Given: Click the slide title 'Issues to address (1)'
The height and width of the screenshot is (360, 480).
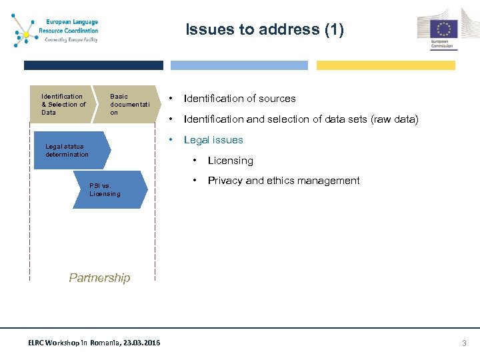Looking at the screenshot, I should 265,29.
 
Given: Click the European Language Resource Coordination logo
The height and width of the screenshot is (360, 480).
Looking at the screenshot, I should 56,29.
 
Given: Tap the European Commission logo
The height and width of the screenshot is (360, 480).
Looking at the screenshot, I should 439,29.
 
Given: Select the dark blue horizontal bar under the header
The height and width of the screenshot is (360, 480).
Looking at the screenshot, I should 93,65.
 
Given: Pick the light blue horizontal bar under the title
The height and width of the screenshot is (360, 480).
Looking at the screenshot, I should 239,65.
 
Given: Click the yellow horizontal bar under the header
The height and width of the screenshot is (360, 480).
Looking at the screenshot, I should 385,65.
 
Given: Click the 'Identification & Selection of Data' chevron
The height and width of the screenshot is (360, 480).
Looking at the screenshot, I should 63,105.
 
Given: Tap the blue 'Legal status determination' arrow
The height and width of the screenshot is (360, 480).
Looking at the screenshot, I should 70,151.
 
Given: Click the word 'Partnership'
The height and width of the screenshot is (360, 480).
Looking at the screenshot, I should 100,278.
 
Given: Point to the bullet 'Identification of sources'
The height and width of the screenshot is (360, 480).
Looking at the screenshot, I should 239,99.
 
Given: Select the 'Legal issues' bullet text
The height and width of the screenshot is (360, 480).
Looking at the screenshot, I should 213,140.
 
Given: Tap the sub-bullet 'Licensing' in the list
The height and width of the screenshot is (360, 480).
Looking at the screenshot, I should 231,161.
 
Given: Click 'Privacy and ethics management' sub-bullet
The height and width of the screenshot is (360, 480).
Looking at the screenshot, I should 283,181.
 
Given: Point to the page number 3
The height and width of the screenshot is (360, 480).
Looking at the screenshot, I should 465,343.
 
